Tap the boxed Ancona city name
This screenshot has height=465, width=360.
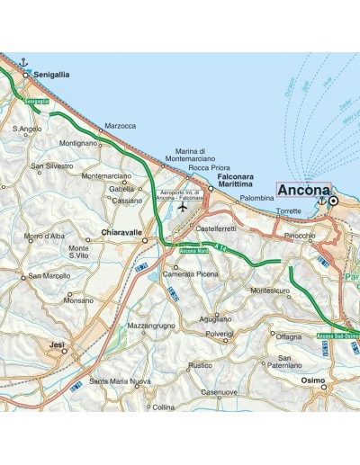tap(303, 191)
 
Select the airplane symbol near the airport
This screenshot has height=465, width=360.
tap(184, 207)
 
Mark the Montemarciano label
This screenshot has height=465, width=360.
tap(105, 175)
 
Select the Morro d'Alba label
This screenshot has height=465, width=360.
tap(44, 236)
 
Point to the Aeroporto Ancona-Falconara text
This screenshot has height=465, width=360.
tap(184, 195)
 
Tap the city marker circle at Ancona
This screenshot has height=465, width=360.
tap(333, 201)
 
